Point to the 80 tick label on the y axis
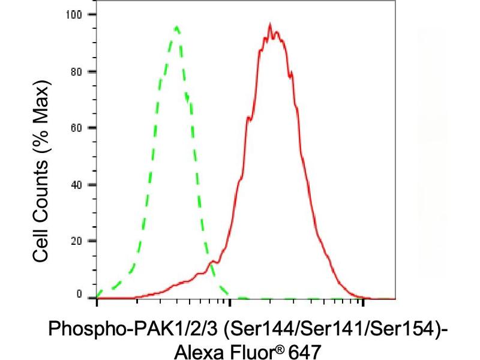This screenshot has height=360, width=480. tap(82, 71)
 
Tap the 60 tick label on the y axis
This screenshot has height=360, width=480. tap(82, 128)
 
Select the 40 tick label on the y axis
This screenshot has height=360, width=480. tap(82, 184)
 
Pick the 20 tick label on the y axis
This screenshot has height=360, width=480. tap(82, 241)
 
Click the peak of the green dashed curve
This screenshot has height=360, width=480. tap(176, 26)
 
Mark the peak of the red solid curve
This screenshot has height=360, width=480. tap(271, 25)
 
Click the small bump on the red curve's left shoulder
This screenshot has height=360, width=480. tap(212, 262)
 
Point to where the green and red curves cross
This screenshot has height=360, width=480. tap(214, 263)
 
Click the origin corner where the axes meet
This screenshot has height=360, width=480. tap(97, 298)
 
